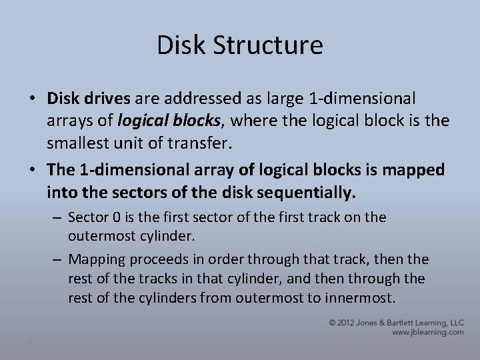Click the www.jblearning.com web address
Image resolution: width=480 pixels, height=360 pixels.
click(x=427, y=332)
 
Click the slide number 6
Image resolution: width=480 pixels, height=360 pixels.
click(x=30, y=343)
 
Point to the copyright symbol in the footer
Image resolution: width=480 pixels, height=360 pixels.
click(x=332, y=323)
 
